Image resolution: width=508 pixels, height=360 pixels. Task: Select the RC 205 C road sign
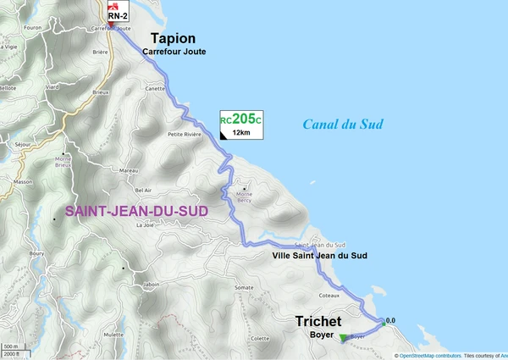coord(241,124)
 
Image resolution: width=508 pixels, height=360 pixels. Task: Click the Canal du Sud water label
coord(343,125)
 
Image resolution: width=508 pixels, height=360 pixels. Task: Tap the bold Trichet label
coord(318,322)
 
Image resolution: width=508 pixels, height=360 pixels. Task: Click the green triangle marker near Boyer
coord(342,338)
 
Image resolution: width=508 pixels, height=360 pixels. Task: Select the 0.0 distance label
coord(390,320)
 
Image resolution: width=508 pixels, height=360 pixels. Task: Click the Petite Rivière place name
coord(185,134)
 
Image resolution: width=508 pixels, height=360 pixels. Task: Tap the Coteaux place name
coord(329,296)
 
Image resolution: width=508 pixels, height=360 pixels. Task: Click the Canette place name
coord(155,87)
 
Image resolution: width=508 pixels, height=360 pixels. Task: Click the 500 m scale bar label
coord(10,347)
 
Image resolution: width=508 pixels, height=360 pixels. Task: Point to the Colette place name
coord(260,338)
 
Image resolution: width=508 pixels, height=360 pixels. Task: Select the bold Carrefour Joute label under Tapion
coord(174,53)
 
